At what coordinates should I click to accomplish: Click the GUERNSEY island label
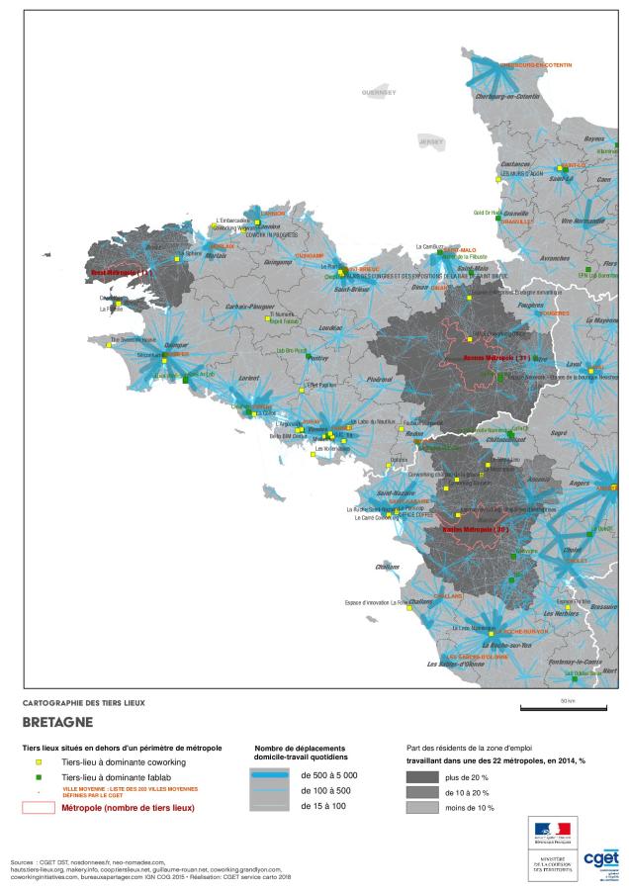click(379, 92)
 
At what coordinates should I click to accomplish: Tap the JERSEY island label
click(431, 141)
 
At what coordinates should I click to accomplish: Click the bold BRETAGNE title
click(56, 722)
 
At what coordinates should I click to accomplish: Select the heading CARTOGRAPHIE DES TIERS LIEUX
click(83, 702)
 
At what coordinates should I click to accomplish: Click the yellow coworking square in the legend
click(39, 763)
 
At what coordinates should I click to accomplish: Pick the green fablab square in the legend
click(39, 778)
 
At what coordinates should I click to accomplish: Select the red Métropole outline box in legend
click(39, 808)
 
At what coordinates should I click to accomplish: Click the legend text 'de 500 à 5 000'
click(328, 775)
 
